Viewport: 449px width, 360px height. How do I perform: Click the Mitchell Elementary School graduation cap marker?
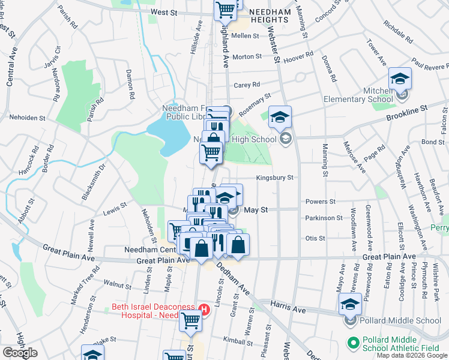tap(400, 79)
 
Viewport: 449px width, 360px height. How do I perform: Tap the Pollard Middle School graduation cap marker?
tap(350, 304)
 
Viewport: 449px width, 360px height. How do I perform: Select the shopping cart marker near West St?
tap(225, 8)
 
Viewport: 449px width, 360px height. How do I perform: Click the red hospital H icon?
tap(204, 310)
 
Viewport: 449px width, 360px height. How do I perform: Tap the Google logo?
tap(20, 353)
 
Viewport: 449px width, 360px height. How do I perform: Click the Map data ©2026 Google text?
tap(411, 355)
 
